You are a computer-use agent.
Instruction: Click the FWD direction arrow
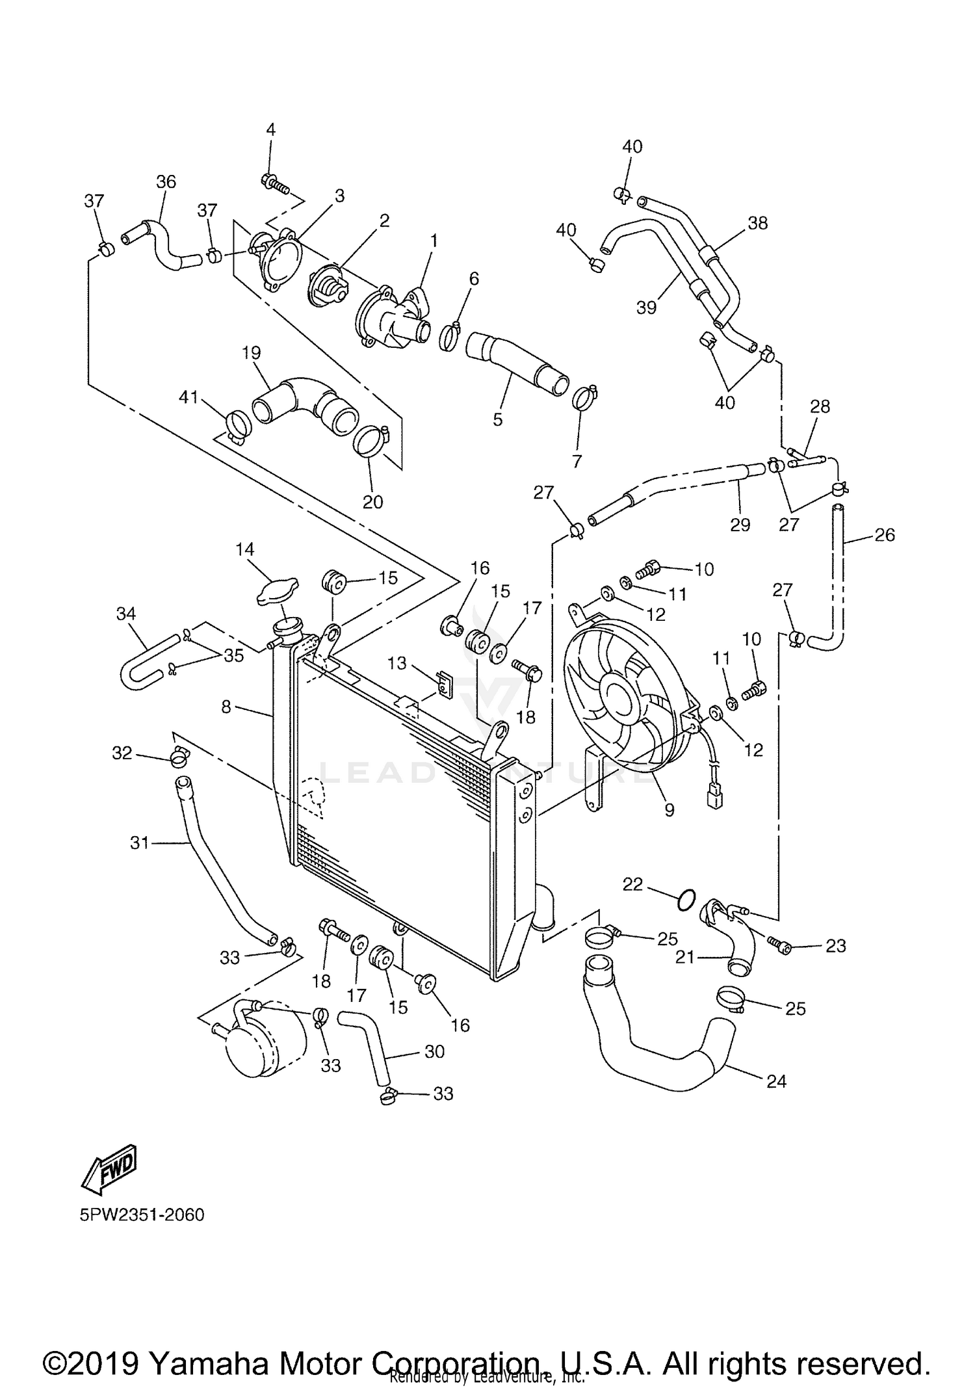[x=109, y=1167]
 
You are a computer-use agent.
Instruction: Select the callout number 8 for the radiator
[x=226, y=707]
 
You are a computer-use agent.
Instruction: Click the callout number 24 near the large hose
[x=776, y=1081]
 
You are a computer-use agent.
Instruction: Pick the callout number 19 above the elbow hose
[x=251, y=352]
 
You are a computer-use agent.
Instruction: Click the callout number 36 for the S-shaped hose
[x=166, y=182]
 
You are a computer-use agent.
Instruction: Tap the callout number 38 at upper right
[x=757, y=223]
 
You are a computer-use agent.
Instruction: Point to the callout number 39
[x=646, y=307]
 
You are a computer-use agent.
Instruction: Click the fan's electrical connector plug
[x=715, y=798]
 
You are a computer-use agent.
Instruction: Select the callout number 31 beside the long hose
[x=140, y=843]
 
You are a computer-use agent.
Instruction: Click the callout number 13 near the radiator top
[x=396, y=663]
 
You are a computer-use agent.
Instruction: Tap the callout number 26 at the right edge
[x=885, y=535]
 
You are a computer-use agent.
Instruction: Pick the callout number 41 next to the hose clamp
[x=189, y=397]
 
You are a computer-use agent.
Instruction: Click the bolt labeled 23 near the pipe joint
[x=779, y=945]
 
